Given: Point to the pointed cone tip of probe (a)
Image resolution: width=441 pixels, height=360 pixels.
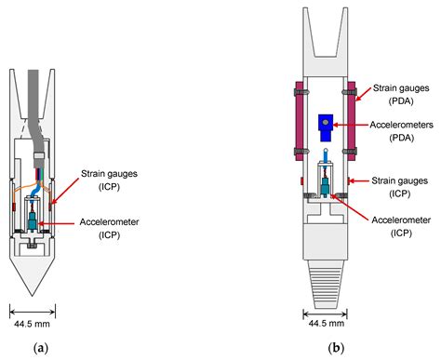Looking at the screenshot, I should [x=33, y=279].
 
